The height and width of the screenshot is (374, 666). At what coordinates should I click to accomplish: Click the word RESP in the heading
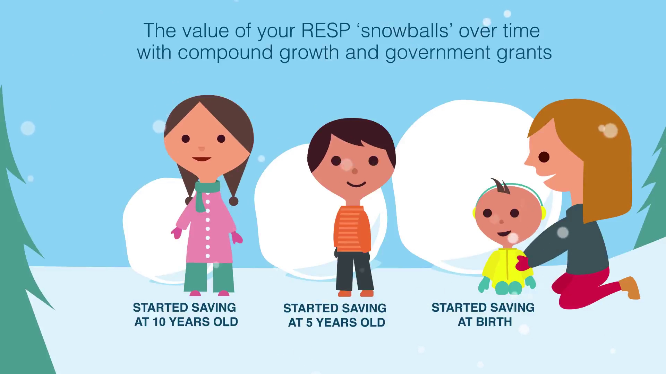[x=326, y=31]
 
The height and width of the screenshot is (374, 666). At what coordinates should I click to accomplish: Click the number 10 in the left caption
[x=159, y=322]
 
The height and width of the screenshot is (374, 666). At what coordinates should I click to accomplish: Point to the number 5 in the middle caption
[x=309, y=323]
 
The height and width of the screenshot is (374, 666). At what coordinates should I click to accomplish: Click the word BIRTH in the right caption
[x=494, y=322]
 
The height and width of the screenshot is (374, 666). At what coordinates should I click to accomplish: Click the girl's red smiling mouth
[x=202, y=159]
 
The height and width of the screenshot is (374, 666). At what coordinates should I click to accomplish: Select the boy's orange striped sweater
[x=352, y=229]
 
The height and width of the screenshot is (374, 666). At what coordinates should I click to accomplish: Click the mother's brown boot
[x=630, y=287]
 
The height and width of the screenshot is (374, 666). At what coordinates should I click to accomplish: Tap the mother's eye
[x=544, y=157]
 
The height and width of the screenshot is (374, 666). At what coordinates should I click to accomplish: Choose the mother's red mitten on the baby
[x=522, y=263]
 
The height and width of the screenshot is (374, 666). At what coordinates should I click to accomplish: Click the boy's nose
[x=355, y=171]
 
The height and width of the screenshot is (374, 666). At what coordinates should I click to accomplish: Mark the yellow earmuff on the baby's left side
[x=474, y=213]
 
